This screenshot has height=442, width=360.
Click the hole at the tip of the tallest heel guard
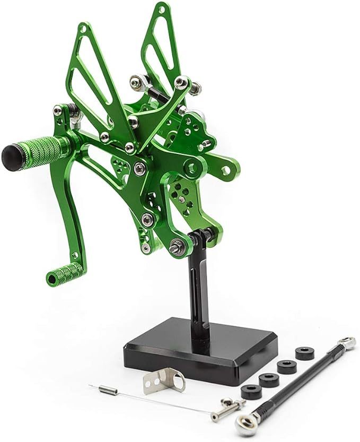click(x=160, y=9)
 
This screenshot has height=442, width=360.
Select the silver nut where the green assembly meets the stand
click(x=177, y=246)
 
